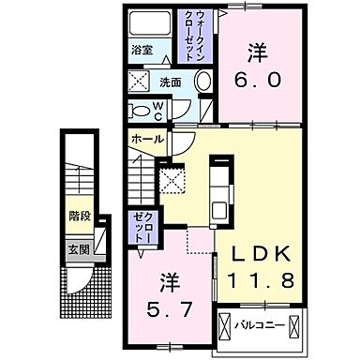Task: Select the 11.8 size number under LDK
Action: tap(262, 278)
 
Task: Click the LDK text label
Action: tap(262, 251)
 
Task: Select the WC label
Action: tap(183, 110)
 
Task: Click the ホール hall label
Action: tap(148, 139)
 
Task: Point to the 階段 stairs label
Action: tap(79, 216)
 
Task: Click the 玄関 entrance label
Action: tap(78, 248)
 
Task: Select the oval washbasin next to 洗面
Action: tap(202, 83)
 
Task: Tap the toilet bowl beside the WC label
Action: tap(141, 110)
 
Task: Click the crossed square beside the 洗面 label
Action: tap(139, 82)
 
